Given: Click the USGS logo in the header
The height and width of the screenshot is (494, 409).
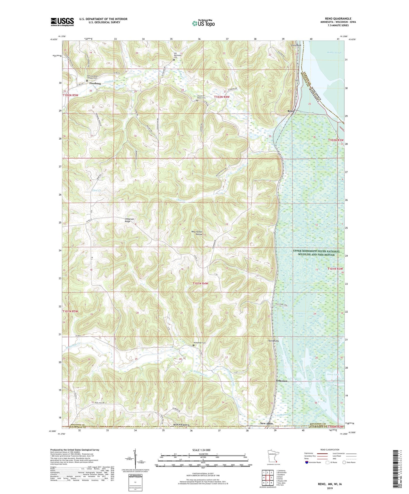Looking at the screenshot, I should point(62,22).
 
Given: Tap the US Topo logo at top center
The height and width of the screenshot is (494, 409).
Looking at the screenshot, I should point(203,23).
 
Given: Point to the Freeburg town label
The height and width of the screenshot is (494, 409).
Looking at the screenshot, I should point(95,84).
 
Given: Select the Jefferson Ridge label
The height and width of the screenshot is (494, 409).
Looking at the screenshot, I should point(130,220).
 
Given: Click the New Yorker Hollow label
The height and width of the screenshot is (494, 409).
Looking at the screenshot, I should point(197,233).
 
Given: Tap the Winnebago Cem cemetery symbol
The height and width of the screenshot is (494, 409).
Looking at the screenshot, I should point(194,345).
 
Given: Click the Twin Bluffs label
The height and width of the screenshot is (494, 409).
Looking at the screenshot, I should point(274,341).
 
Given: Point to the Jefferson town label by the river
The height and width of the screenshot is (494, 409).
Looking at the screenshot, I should point(282,381).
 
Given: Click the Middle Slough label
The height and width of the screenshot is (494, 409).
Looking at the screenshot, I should point(334,53).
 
